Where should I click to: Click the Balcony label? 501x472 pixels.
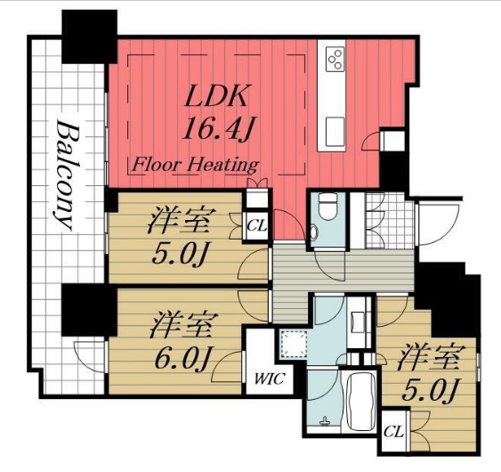(66, 175)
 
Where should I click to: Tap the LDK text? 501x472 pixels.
(216, 95)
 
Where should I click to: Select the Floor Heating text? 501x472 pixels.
(195, 165)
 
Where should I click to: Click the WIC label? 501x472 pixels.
(270, 379)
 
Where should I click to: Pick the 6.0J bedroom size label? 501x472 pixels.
(182, 357)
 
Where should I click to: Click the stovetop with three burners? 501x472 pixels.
(335, 59)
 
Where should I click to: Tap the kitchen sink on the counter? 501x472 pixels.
(335, 132)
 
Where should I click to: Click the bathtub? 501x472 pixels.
(360, 401)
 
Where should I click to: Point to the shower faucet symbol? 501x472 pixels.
(326, 421)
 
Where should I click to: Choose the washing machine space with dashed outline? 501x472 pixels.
(294, 344)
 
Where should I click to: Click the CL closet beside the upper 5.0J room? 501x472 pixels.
(256, 226)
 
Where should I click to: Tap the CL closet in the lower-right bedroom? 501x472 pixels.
(393, 432)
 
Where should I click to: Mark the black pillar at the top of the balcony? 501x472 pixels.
(90, 37)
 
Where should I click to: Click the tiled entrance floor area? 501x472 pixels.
(390, 220)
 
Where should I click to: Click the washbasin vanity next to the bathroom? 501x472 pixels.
(360, 322)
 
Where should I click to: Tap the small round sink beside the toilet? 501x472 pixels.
(313, 232)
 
